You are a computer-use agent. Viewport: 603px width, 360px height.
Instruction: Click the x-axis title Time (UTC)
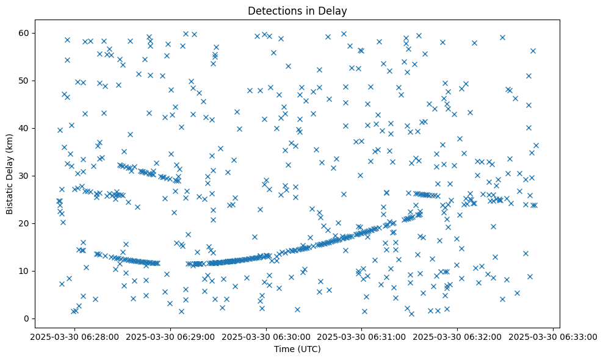click(x=297, y=349)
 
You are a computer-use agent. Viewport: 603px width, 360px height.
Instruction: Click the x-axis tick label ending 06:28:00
click(x=75, y=336)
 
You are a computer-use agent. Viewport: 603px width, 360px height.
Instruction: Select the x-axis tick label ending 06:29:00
click(x=170, y=336)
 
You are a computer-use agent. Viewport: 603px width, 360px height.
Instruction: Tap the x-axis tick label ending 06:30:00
click(x=266, y=336)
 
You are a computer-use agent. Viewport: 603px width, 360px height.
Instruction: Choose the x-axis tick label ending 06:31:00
click(x=362, y=336)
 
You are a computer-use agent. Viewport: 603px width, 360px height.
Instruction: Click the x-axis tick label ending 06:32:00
click(x=458, y=336)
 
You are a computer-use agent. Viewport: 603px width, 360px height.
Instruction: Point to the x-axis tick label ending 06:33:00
click(x=553, y=336)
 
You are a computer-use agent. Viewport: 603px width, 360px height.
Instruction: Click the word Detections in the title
click(x=272, y=10)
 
